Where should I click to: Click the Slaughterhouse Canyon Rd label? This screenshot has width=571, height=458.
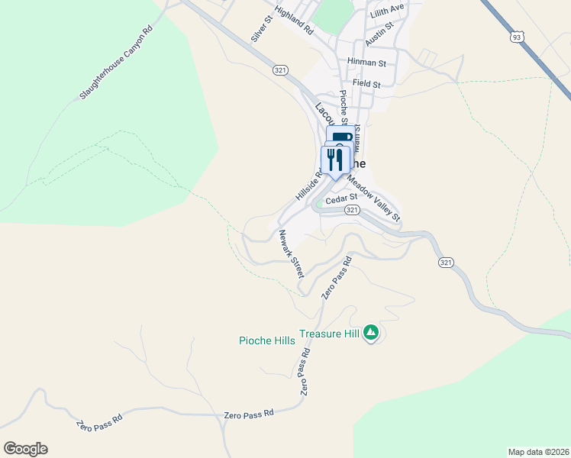[116, 63]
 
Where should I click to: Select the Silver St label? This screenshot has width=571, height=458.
[262, 29]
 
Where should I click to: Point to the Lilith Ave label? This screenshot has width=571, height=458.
[386, 8]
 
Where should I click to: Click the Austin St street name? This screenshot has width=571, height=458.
[379, 34]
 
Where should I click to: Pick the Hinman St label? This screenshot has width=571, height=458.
[366, 61]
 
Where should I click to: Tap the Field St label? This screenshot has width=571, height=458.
[366, 83]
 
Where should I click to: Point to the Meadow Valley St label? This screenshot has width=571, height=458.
[374, 198]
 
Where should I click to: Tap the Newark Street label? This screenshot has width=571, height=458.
[292, 253]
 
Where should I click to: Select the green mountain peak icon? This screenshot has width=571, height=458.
[371, 332]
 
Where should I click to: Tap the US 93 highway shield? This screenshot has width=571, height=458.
[518, 36]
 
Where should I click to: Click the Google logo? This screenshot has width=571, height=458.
[25, 449]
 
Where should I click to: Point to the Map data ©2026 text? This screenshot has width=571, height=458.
[538, 452]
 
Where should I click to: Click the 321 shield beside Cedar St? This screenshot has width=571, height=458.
[351, 210]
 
